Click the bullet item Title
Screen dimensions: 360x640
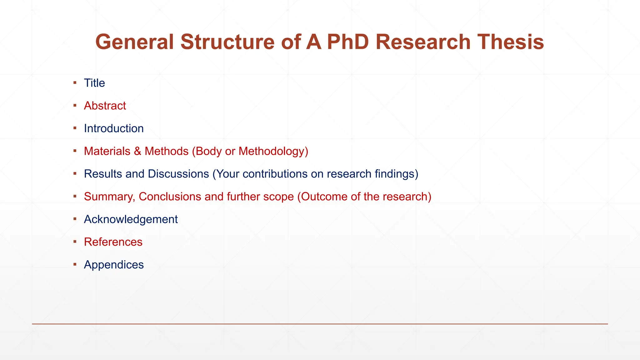pyautogui.click(x=94, y=83)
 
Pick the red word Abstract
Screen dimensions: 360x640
pyautogui.click(x=105, y=106)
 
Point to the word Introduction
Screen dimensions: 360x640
pyautogui.click(x=114, y=128)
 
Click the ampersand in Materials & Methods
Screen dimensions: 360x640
pyautogui.click(x=137, y=151)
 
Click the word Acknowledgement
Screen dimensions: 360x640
pyautogui.click(x=131, y=219)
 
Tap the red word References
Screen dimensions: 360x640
pyautogui.click(x=113, y=242)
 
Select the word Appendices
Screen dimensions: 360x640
pyautogui.click(x=114, y=265)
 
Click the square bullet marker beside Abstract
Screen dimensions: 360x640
pyautogui.click(x=75, y=105)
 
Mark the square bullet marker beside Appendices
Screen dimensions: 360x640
pyautogui.click(x=75, y=264)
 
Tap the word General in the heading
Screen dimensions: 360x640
pyautogui.click(x=134, y=42)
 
